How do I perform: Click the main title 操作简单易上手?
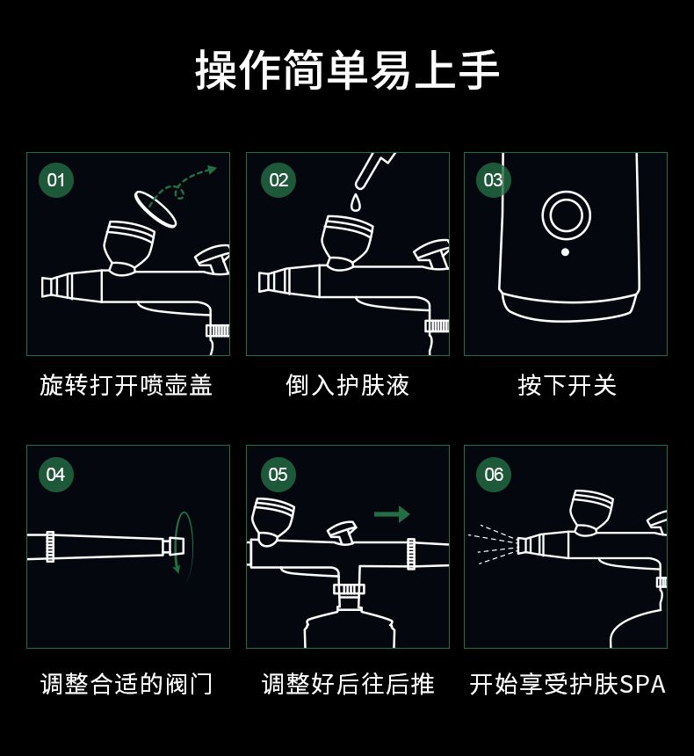347,69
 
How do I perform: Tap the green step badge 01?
56,180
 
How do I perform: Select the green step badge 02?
278,180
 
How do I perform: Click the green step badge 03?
494,180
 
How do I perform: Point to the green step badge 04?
56,475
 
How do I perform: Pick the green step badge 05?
278,475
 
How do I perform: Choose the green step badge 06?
494,475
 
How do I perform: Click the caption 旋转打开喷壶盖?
126,385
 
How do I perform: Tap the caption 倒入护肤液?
348,385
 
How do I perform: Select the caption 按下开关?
567,385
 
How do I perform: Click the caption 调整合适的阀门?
127,684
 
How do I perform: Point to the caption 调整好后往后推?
348,684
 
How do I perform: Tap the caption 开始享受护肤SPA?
567,684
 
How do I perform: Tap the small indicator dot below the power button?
566,251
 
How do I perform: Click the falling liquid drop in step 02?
356,202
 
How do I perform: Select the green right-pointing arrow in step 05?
392,514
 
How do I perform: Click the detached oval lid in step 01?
155,208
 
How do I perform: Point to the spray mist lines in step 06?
492,544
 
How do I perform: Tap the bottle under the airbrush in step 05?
350,627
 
